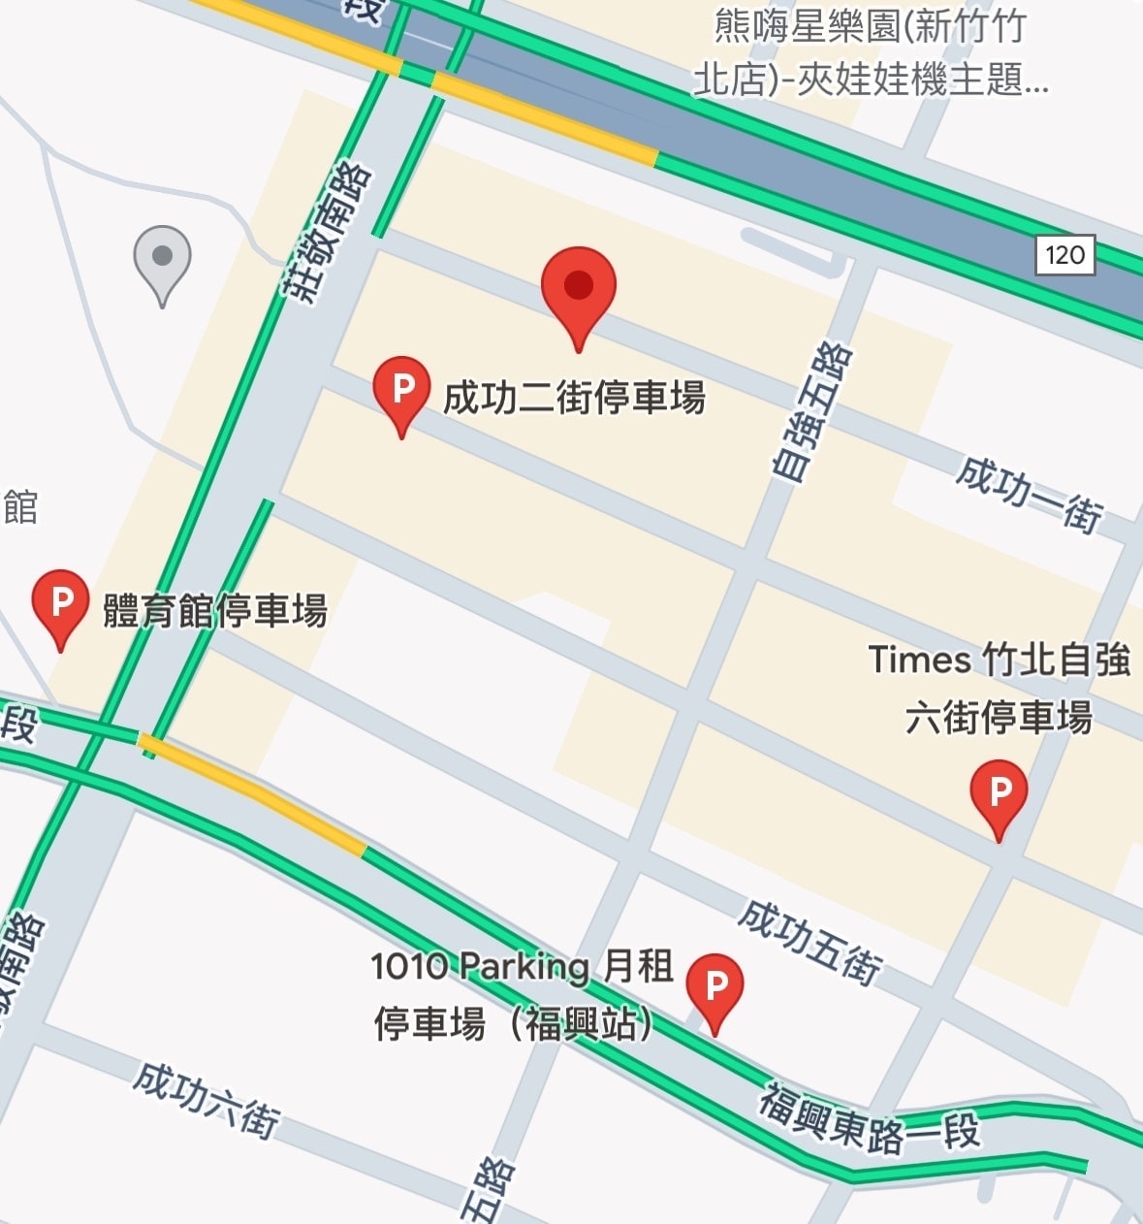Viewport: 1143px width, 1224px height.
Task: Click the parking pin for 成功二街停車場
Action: (x=401, y=390)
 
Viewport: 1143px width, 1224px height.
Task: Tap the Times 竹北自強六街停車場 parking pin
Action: (x=999, y=792)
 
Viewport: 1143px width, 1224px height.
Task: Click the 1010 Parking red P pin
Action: (x=714, y=986)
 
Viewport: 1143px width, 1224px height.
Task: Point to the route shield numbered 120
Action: (x=1064, y=255)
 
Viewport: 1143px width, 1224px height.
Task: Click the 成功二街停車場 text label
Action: (x=574, y=398)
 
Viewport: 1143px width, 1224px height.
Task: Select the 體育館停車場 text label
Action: (x=215, y=611)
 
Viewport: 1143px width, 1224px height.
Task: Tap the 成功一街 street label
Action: (x=1030, y=494)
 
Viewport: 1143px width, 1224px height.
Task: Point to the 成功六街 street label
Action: (x=206, y=1098)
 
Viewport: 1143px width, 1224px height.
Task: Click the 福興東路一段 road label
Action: (x=870, y=1120)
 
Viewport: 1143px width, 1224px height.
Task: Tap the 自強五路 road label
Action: (x=812, y=412)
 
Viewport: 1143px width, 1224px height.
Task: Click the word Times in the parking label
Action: (x=919, y=660)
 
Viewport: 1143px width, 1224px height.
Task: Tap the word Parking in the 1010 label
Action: (x=524, y=966)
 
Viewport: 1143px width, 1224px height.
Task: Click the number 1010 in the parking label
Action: (x=409, y=966)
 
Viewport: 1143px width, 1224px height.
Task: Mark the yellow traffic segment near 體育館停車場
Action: (x=252, y=792)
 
